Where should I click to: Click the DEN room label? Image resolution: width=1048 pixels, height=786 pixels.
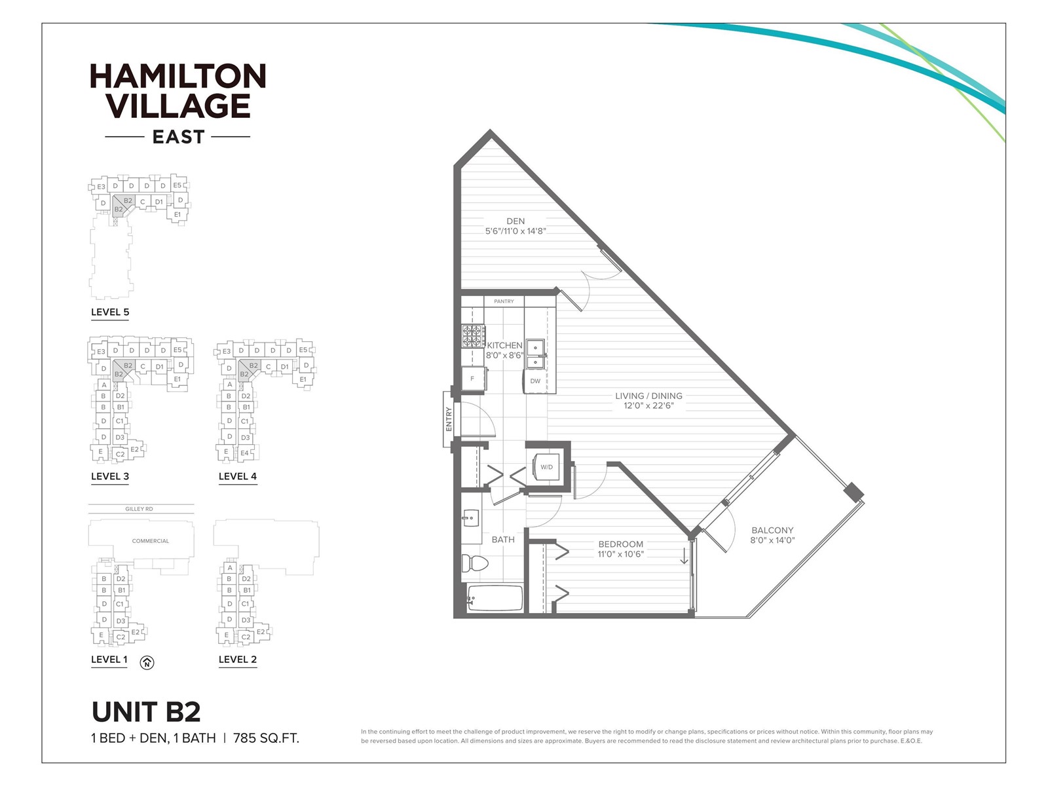515,221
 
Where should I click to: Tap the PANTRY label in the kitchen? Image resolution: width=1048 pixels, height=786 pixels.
504,301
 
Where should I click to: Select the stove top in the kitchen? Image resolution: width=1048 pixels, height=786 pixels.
472,336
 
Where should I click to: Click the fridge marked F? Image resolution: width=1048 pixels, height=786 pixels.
473,379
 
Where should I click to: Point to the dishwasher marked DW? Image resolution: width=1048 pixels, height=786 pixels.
535,381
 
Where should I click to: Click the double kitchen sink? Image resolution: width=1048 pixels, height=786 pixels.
536,354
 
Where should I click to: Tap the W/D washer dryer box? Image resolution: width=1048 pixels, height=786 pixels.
546,467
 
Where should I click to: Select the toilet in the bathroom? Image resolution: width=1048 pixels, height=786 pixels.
475,563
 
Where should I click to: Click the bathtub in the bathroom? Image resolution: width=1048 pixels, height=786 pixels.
495,598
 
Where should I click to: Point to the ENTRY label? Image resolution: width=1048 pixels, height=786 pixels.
449,419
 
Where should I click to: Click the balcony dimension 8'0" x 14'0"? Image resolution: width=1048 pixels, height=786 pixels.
772,540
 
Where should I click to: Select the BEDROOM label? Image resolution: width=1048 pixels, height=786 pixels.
620,544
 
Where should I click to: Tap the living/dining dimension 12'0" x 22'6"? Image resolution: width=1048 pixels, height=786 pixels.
648,405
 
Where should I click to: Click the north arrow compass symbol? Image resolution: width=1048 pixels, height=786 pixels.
147,663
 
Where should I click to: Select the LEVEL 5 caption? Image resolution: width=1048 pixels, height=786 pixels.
110,312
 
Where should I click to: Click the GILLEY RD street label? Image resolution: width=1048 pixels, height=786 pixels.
139,509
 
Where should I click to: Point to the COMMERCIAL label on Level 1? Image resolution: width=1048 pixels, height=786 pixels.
151,541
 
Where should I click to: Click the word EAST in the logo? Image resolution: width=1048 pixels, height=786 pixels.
178,137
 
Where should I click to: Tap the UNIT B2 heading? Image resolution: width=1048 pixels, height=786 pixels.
146,712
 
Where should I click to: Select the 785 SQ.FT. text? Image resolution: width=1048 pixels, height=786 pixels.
271,738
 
